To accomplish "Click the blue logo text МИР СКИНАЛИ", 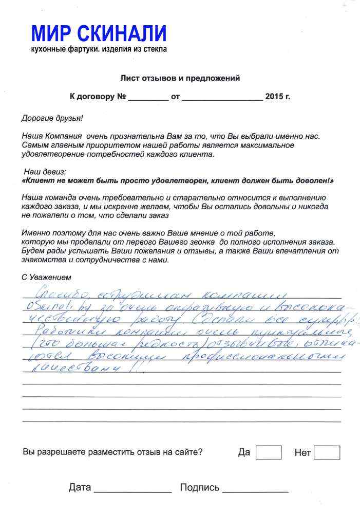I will pyautogui.click(x=99, y=34).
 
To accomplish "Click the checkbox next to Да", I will pyautogui.click(x=268, y=452).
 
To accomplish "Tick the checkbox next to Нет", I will pyautogui.click(x=327, y=452).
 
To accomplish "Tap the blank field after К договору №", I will pyautogui.click(x=148, y=97).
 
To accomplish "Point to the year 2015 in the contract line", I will pyautogui.click(x=274, y=96).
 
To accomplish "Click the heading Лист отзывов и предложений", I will pyautogui.click(x=180, y=79).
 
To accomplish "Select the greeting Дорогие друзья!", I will pyautogui.click(x=52, y=118).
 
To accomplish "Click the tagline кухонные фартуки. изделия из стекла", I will pyautogui.click(x=99, y=49).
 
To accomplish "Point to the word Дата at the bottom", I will pyautogui.click(x=80, y=487).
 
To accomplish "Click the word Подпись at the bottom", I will pyautogui.click(x=200, y=487).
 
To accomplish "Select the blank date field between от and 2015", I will pyautogui.click(x=222, y=97).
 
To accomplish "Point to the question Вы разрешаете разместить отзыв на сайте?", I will pyautogui.click(x=112, y=452).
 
